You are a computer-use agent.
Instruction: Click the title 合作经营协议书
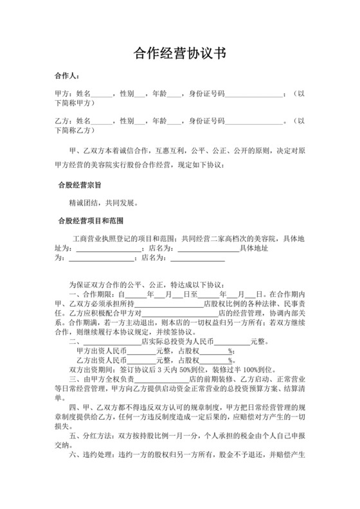[179, 52]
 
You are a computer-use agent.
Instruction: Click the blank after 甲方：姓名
[102, 94]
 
